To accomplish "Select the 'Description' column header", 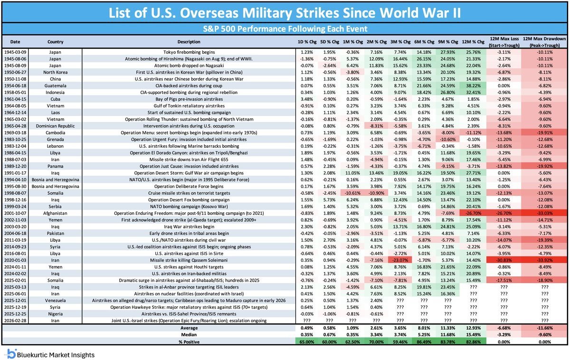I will click(x=189, y=41).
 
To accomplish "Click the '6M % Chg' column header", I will click(x=424, y=41).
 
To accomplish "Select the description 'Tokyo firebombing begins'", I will click(x=189, y=51).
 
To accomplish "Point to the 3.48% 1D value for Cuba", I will click(x=305, y=98).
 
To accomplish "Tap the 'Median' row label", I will click(x=189, y=334).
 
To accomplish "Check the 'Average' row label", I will click(x=189, y=328).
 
